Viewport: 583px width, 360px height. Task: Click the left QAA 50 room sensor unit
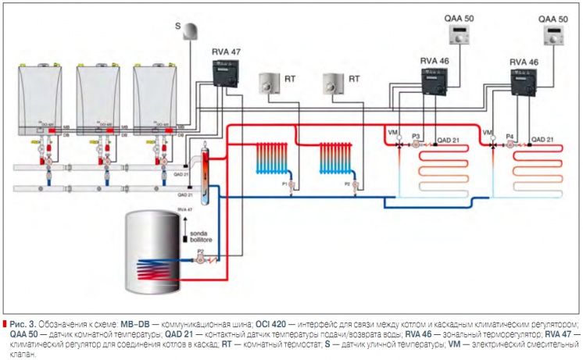pos(457,35)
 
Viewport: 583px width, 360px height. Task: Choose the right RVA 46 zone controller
pos(524,82)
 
